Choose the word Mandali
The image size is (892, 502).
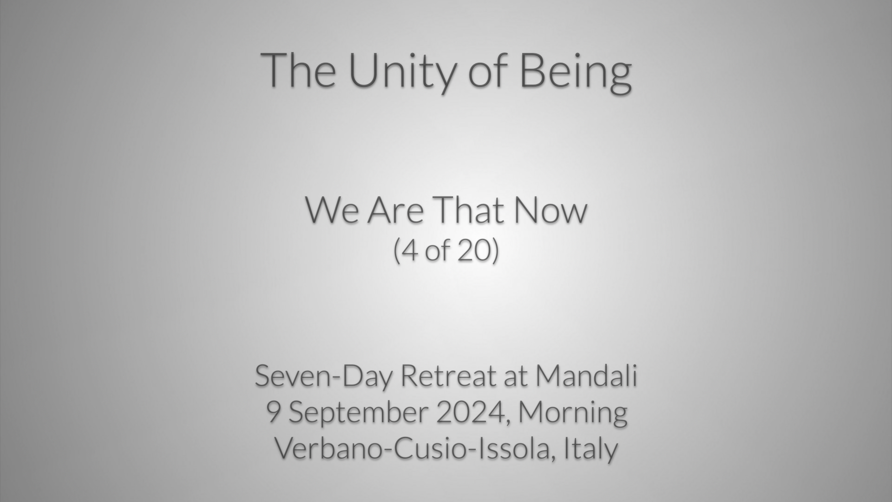[x=586, y=376]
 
